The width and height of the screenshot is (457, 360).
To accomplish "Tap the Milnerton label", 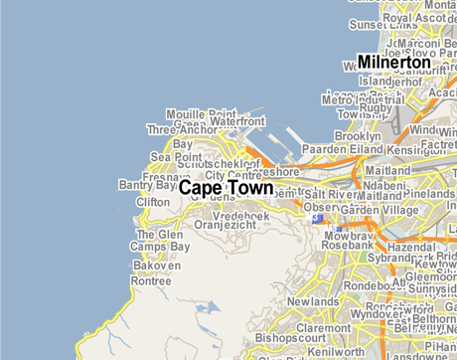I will click(393, 62).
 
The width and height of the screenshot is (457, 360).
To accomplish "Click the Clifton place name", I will click(153, 202).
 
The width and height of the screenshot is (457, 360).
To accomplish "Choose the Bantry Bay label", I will click(146, 185).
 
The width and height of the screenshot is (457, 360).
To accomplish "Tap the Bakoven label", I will click(157, 267).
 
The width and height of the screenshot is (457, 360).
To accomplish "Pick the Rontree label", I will click(152, 280).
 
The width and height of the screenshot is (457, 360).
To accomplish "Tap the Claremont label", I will click(324, 326).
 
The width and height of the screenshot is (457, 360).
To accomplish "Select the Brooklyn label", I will click(358, 135).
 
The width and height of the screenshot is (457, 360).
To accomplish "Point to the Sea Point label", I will click(176, 157).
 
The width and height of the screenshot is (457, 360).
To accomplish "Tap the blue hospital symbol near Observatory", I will click(317, 217).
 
